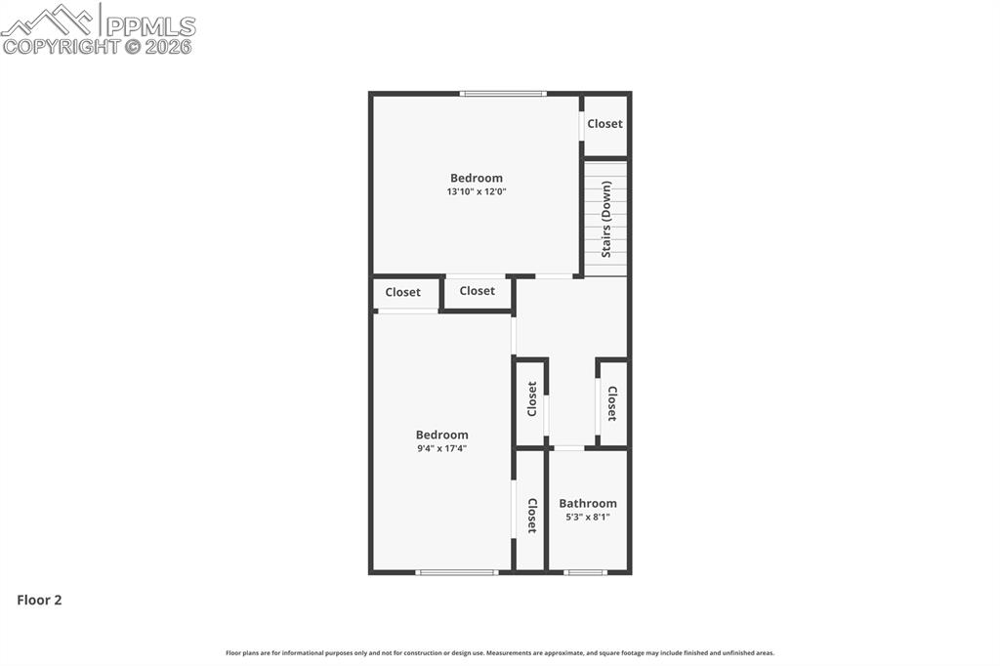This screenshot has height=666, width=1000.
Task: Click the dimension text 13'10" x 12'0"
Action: tap(477, 192)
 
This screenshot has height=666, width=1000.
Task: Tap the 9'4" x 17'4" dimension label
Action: tap(441, 449)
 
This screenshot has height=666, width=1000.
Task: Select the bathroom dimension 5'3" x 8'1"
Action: tap(588, 518)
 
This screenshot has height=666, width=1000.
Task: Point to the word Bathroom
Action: tap(588, 504)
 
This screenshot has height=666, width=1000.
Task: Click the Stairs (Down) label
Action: tap(606, 220)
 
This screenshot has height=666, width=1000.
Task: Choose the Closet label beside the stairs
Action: tap(604, 124)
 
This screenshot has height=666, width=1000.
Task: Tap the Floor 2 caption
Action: tap(39, 601)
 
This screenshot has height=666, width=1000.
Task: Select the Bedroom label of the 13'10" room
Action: tap(477, 178)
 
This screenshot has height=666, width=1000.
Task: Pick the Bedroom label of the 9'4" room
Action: tap(441, 435)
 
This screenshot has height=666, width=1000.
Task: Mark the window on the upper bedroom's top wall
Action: tap(503, 94)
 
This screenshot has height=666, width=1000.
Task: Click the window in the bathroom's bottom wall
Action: tap(586, 572)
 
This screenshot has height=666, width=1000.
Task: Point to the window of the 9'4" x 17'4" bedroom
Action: tap(457, 572)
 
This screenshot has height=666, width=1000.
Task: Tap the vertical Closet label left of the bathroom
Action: tap(532, 516)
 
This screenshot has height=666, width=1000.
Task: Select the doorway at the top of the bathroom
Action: tap(568, 448)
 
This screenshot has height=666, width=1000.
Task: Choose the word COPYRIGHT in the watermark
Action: tap(61, 46)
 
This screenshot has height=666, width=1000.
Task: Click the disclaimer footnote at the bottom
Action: tap(500, 653)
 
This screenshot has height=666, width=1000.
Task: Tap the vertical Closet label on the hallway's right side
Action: tap(612, 403)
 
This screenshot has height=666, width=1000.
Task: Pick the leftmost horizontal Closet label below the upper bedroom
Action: tap(402, 292)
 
